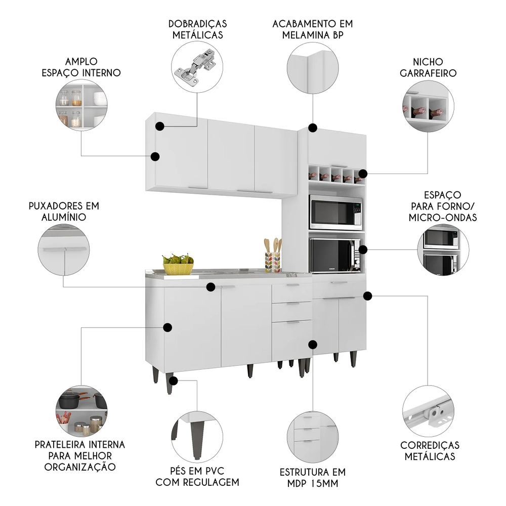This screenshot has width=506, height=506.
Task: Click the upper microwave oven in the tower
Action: tap(335, 213)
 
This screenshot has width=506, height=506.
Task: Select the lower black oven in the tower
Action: tap(335, 255)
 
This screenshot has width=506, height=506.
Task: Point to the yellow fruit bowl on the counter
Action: tap(178, 265)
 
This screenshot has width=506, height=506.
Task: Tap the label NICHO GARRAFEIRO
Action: tap(428, 67)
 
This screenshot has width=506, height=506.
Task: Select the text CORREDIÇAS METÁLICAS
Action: tap(430, 450)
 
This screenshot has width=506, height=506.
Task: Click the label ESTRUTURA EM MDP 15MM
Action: tap(312, 478)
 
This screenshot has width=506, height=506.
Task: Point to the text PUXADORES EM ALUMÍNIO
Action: tap(63, 212)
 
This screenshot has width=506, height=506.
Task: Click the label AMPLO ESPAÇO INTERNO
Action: tap(81, 67)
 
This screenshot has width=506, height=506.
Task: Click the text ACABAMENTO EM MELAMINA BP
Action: tap(312, 29)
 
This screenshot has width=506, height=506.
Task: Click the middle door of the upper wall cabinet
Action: tap(231, 155)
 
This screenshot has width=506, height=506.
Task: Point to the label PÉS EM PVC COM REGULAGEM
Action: tap(197, 477)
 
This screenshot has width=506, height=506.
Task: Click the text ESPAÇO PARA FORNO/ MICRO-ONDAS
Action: tap(443, 206)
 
